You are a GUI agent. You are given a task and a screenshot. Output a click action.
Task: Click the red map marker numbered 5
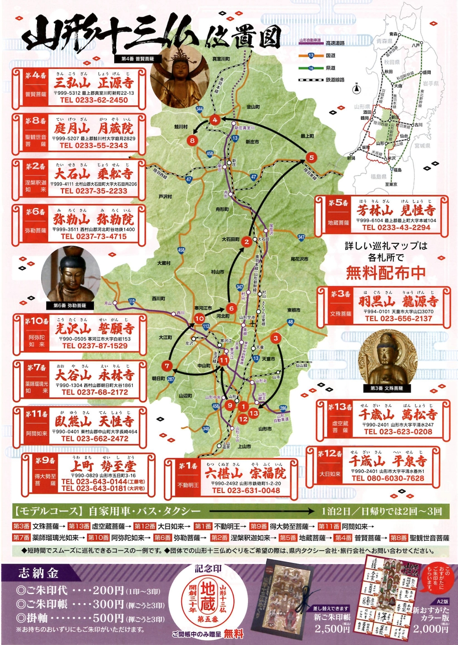pos(311,157)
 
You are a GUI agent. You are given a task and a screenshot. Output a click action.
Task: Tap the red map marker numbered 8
pos(192,140)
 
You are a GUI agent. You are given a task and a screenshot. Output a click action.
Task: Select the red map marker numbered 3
pos(276,338)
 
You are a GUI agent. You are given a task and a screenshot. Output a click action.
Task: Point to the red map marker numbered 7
pos(167,366)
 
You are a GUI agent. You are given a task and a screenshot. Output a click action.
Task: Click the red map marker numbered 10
pos(199,318)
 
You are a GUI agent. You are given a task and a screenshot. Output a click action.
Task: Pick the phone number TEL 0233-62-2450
pos(93,100)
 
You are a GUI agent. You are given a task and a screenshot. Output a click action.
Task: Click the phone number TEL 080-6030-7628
pos(388,478)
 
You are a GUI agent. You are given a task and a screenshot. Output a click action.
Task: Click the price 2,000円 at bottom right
pos(430,629)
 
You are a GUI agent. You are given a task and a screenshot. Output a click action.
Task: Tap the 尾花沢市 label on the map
pos(299,259)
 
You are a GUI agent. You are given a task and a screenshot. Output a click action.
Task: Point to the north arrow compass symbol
pos(357,87)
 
